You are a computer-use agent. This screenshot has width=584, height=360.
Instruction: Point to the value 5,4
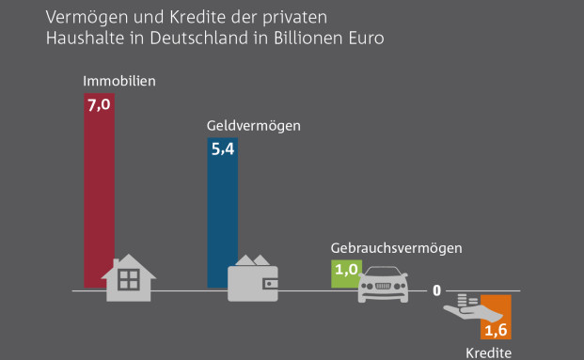click(x=223, y=149)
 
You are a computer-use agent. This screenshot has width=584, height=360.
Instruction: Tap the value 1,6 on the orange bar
click(x=496, y=331)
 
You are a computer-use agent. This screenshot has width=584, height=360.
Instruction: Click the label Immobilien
click(x=118, y=81)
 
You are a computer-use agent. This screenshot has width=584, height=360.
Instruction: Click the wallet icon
click(x=253, y=277)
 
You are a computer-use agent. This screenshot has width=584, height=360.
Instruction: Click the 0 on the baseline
click(x=437, y=290)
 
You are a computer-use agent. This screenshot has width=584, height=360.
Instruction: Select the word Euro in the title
click(x=366, y=39)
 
